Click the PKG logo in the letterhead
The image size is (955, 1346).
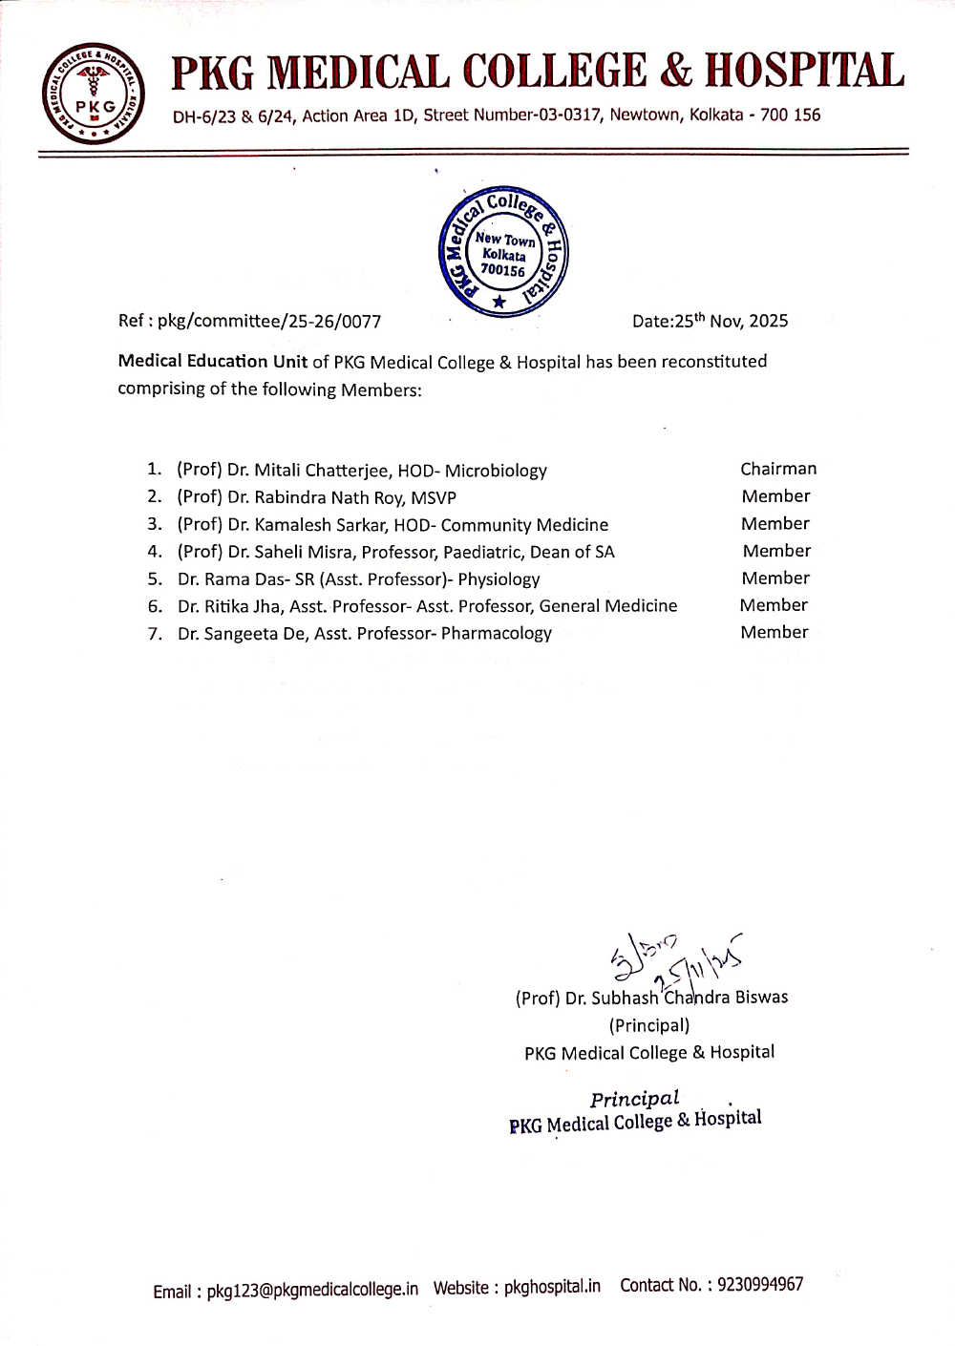click(x=92, y=93)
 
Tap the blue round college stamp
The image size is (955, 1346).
click(x=502, y=251)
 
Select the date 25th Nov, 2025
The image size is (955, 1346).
click(x=731, y=321)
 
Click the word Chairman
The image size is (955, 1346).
click(x=778, y=469)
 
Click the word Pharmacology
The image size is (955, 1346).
click(x=496, y=633)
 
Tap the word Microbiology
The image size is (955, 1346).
click(x=496, y=471)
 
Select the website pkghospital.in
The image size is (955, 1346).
click(x=552, y=1287)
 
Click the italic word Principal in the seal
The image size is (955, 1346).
click(x=634, y=1099)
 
